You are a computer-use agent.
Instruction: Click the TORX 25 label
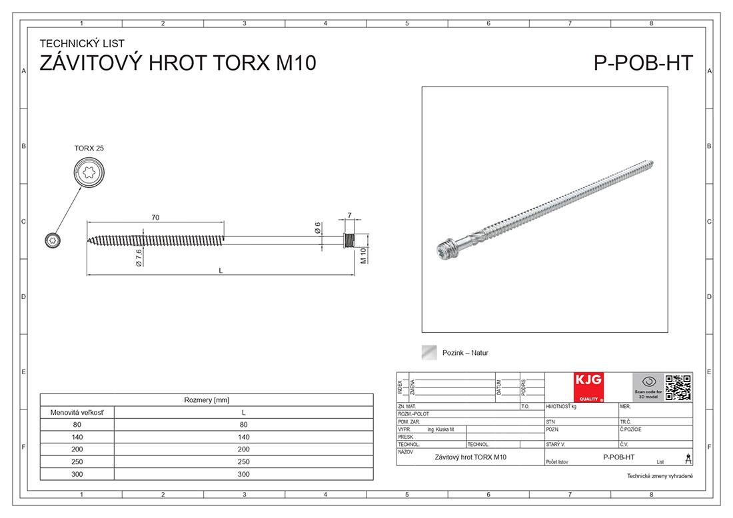pos(89,148)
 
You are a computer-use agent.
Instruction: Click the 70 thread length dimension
pos(155,218)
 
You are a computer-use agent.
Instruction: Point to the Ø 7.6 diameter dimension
pos(138,257)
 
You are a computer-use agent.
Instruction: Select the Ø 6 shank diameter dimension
pos(318,228)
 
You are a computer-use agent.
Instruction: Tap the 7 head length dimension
pos(349,215)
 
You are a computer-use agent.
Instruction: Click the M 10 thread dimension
pos(364,256)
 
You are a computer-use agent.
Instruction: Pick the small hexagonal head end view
pos(51,240)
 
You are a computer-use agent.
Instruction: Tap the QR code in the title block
pos(678,388)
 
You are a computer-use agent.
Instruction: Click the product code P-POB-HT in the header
pos(643,63)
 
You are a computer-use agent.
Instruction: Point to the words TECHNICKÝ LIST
pos(82,44)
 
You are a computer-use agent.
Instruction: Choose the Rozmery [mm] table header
pos(207,400)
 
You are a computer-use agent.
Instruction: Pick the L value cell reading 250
pos(243,461)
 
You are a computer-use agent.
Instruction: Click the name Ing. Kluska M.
pos(440,430)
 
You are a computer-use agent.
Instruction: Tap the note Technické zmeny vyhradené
pos(660,476)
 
